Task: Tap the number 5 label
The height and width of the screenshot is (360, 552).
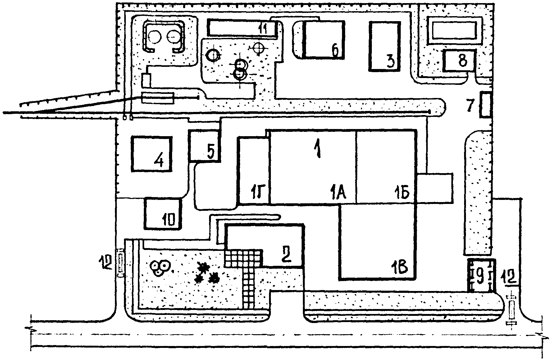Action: tap(211, 152)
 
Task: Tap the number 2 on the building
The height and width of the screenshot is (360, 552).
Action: tap(286, 255)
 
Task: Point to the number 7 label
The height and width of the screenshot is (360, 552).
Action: tap(470, 106)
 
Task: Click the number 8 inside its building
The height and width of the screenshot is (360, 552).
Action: tap(462, 61)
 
